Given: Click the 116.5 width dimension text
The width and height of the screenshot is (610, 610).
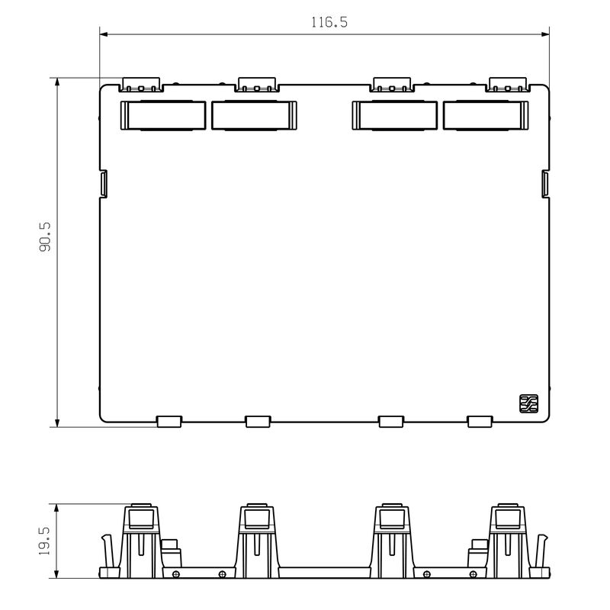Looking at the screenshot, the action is tap(329, 22).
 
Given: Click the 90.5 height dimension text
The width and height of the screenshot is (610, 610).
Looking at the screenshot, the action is tap(45, 237).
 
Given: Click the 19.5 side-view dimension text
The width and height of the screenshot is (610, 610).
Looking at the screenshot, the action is tap(44, 541).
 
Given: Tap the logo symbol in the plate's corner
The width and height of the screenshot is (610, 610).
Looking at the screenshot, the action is tap(529, 403).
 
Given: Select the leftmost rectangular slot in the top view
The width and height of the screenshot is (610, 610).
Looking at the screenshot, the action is tap(163, 116).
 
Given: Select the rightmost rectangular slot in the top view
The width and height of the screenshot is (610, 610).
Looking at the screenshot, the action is tap(486, 116).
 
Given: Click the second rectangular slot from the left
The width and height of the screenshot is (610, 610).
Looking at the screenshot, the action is tap(254, 116).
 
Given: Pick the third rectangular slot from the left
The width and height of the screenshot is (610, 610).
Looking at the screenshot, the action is tap(394, 116).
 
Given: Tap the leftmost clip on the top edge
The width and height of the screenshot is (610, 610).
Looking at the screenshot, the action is tap(141, 85).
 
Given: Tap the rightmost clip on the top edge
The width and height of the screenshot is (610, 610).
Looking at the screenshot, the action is tap(508, 85).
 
